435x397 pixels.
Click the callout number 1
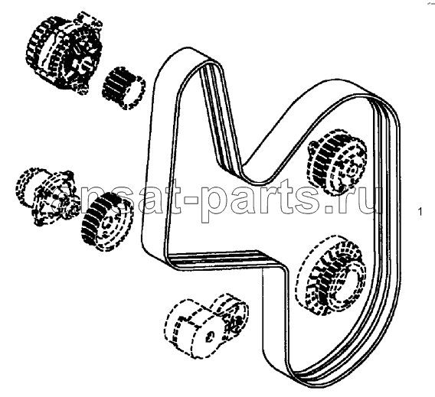(420, 212)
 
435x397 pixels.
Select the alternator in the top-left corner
(64, 53)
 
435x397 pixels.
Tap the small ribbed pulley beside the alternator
(124, 88)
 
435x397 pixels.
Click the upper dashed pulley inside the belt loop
(336, 163)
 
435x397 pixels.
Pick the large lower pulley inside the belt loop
(332, 275)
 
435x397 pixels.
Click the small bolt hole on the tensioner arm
(209, 336)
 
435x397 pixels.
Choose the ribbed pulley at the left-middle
(106, 222)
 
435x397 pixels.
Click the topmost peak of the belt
(188, 49)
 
